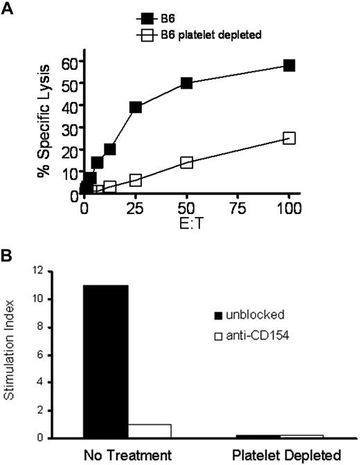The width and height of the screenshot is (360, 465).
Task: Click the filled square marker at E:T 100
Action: point(289,65)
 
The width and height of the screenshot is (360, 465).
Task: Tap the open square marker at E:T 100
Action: point(289,138)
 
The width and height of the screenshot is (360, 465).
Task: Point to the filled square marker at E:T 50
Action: point(186,83)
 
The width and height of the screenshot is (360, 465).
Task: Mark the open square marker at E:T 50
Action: point(186,162)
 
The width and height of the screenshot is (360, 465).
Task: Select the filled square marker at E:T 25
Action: point(136,107)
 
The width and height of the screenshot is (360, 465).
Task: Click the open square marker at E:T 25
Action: point(136,180)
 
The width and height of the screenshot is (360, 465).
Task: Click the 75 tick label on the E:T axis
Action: point(237,207)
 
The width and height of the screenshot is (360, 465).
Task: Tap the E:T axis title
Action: point(186,220)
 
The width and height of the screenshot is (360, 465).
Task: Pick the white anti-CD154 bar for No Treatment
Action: point(150,431)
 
